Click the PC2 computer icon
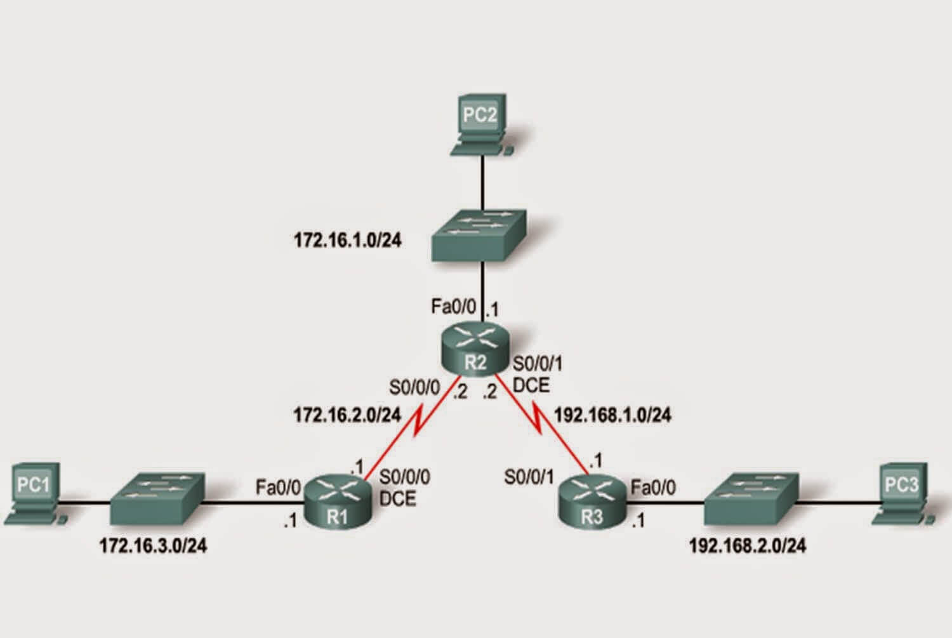pyautogui.click(x=482, y=124)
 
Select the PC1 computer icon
pyautogui.click(x=36, y=493)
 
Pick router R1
pyautogui.click(x=338, y=502)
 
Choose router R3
pyautogui.click(x=592, y=502)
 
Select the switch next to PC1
pyautogui.click(x=157, y=498)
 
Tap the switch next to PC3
pyautogui.click(x=751, y=498)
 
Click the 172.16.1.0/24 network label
pyautogui.click(x=348, y=241)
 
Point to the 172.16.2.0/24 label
pyautogui.click(x=347, y=415)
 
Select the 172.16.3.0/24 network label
pyautogui.click(x=154, y=546)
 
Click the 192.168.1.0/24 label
pyautogui.click(x=613, y=415)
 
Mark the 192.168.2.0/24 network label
pyautogui.click(x=748, y=546)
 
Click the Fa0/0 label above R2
pyautogui.click(x=454, y=306)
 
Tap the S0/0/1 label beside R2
pyautogui.click(x=538, y=364)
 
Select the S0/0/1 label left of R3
pyautogui.click(x=529, y=478)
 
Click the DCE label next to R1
pyautogui.click(x=397, y=499)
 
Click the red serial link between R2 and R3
pyautogui.click(x=542, y=425)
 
